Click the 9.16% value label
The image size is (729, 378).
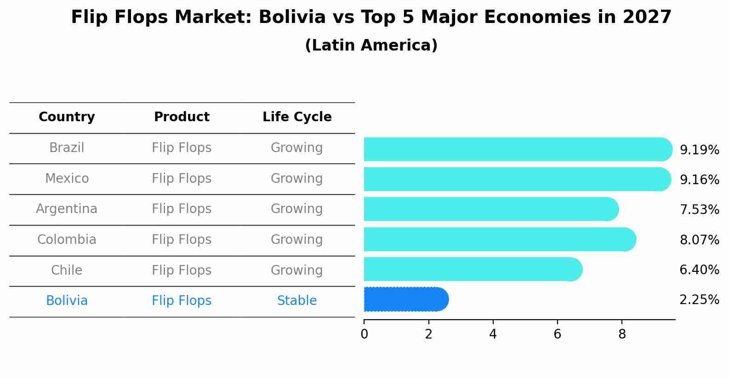[x=699, y=180]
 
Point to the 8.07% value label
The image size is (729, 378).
[x=699, y=240]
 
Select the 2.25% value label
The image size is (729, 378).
[x=699, y=300]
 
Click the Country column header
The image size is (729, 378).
[x=67, y=117]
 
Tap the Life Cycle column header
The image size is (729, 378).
[x=297, y=117]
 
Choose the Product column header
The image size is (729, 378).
[x=182, y=117]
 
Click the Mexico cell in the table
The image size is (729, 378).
[x=67, y=178]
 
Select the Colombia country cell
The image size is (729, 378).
[x=67, y=240]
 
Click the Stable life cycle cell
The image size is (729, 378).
[x=297, y=301]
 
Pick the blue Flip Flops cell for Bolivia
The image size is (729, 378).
[x=182, y=301]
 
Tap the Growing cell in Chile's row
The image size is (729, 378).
[x=297, y=270]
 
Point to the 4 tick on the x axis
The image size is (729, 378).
[x=493, y=334]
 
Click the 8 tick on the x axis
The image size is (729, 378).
[x=622, y=334]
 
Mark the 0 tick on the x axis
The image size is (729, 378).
[x=364, y=334]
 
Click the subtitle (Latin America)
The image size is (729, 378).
[x=371, y=45]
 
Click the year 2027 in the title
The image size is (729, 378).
[x=647, y=17]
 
